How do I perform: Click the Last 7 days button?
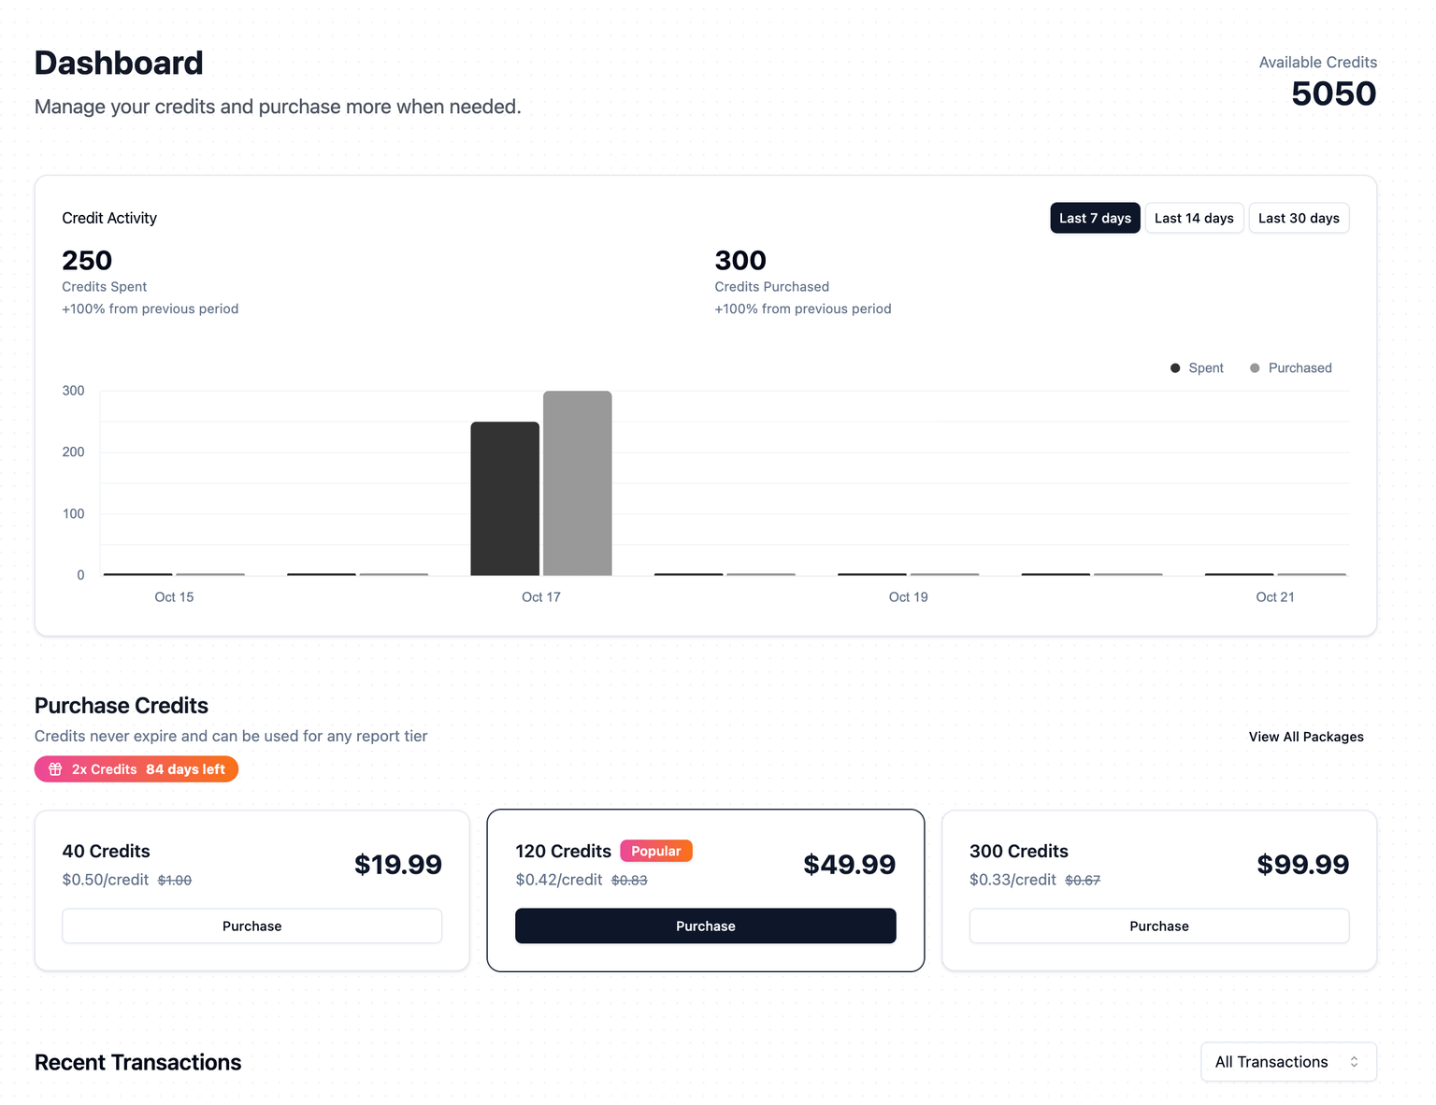tap(1095, 218)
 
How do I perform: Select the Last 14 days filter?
tap(1194, 218)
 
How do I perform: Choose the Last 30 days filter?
tap(1299, 218)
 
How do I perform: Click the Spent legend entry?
tap(1198, 368)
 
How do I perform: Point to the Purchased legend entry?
tap(1291, 368)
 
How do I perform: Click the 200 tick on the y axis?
tap(73, 452)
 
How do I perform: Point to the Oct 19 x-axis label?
tap(908, 597)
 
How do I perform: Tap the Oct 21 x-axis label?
tap(1274, 597)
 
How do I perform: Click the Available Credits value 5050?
tap(1333, 94)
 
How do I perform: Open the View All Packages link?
tap(1306, 737)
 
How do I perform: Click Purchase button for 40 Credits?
tap(251, 926)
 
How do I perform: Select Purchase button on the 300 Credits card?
tap(1158, 926)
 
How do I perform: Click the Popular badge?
tap(655, 851)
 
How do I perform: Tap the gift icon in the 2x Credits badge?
tap(56, 769)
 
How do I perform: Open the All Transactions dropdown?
tap(1288, 1062)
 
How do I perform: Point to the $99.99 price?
tap(1302, 865)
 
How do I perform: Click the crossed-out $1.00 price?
tap(175, 881)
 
